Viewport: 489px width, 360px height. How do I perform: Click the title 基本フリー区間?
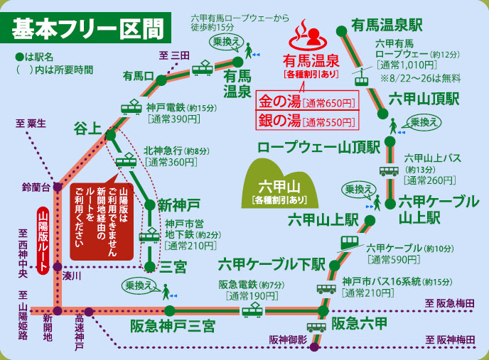point(88,30)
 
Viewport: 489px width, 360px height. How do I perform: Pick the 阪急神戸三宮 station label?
point(173,326)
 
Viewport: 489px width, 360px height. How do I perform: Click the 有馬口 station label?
point(139,75)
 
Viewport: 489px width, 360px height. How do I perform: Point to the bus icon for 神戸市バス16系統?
point(326,288)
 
